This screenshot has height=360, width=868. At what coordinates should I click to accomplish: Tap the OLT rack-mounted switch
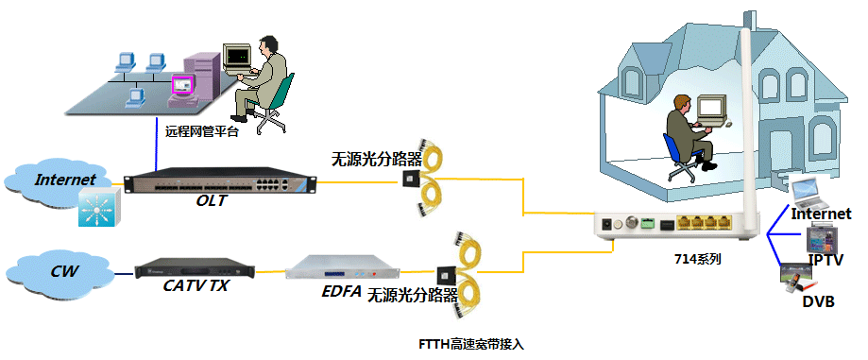coord(219,180)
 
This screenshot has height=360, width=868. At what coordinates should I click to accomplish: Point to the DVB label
coord(818,301)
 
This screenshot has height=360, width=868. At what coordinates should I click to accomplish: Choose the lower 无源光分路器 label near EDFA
coord(407,293)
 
